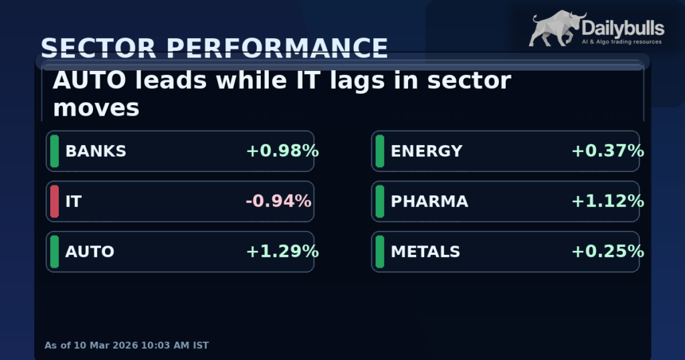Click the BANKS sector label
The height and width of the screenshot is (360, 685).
pos(96,151)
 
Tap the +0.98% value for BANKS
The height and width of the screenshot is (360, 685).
pos(282,151)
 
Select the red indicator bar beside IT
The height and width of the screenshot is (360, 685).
pos(54,201)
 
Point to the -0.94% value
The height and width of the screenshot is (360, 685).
pos(278,201)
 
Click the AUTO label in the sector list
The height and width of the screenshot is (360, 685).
pos(90,252)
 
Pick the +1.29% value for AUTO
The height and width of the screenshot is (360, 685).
pos(282,252)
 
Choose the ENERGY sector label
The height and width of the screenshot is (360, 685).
pos(426,151)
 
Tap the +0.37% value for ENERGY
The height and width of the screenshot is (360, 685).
pos(607,151)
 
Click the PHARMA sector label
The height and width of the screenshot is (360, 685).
pos(429,201)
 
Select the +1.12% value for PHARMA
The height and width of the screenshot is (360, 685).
pos(607,201)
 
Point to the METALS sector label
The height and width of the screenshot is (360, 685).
pos(425,252)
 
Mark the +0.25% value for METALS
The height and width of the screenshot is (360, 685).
pos(607,252)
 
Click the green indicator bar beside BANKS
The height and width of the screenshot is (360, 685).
pos(54,151)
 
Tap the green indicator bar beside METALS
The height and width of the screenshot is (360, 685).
pos(379,252)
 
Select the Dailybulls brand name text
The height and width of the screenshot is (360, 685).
pos(623,28)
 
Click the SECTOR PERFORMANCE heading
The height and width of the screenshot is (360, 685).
pos(214,48)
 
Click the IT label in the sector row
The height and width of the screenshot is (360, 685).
pos(73,201)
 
